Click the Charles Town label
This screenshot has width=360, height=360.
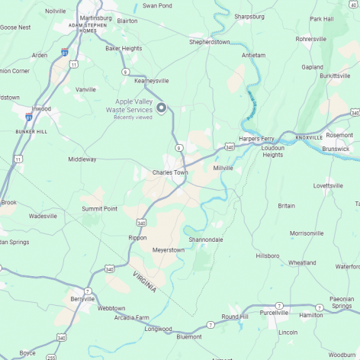169,172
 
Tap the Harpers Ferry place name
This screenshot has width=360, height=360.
256,139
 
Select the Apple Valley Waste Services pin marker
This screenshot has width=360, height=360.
161,108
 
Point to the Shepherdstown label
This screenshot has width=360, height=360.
210,42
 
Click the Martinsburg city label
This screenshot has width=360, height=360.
96,16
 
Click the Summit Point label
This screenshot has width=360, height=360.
99,209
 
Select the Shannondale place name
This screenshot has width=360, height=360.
206,239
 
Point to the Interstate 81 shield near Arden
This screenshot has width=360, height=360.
65,53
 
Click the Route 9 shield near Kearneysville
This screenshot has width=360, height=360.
126,72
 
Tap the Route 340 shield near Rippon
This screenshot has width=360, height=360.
141,223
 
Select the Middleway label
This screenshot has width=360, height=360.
82,159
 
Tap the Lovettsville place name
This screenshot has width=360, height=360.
328,185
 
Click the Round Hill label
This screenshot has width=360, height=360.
235,317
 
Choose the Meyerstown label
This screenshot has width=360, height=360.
169,249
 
